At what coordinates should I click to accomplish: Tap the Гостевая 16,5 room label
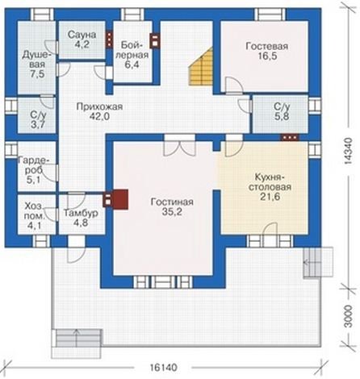click(266, 51)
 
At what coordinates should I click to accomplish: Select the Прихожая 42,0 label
click(99, 111)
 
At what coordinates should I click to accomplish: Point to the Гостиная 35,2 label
click(172, 206)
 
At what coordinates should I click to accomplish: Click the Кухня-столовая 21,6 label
click(270, 186)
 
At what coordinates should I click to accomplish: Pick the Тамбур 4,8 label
click(81, 218)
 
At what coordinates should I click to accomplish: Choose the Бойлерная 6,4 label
click(134, 55)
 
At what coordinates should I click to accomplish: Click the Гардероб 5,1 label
click(34, 169)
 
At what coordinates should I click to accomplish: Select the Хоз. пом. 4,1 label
click(34, 215)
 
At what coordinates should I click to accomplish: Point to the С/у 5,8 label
click(282, 111)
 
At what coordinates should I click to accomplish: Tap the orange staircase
click(200, 66)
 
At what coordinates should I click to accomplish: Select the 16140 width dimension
click(164, 367)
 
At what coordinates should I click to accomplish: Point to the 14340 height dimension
click(349, 151)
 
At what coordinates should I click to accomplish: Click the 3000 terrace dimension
click(349, 316)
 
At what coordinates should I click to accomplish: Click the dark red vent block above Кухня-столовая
click(290, 137)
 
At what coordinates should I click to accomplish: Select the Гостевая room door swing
click(233, 85)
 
